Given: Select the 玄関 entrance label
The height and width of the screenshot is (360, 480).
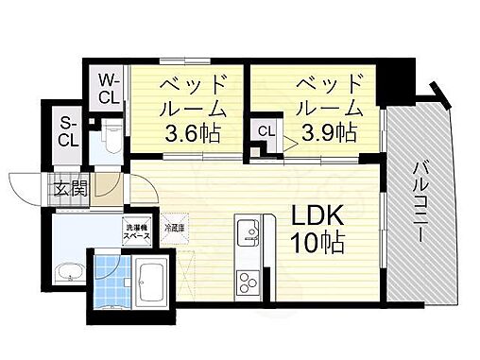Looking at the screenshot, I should pyautogui.click(x=71, y=187).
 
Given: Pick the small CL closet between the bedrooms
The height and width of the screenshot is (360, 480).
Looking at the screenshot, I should pyautogui.click(x=265, y=132).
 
